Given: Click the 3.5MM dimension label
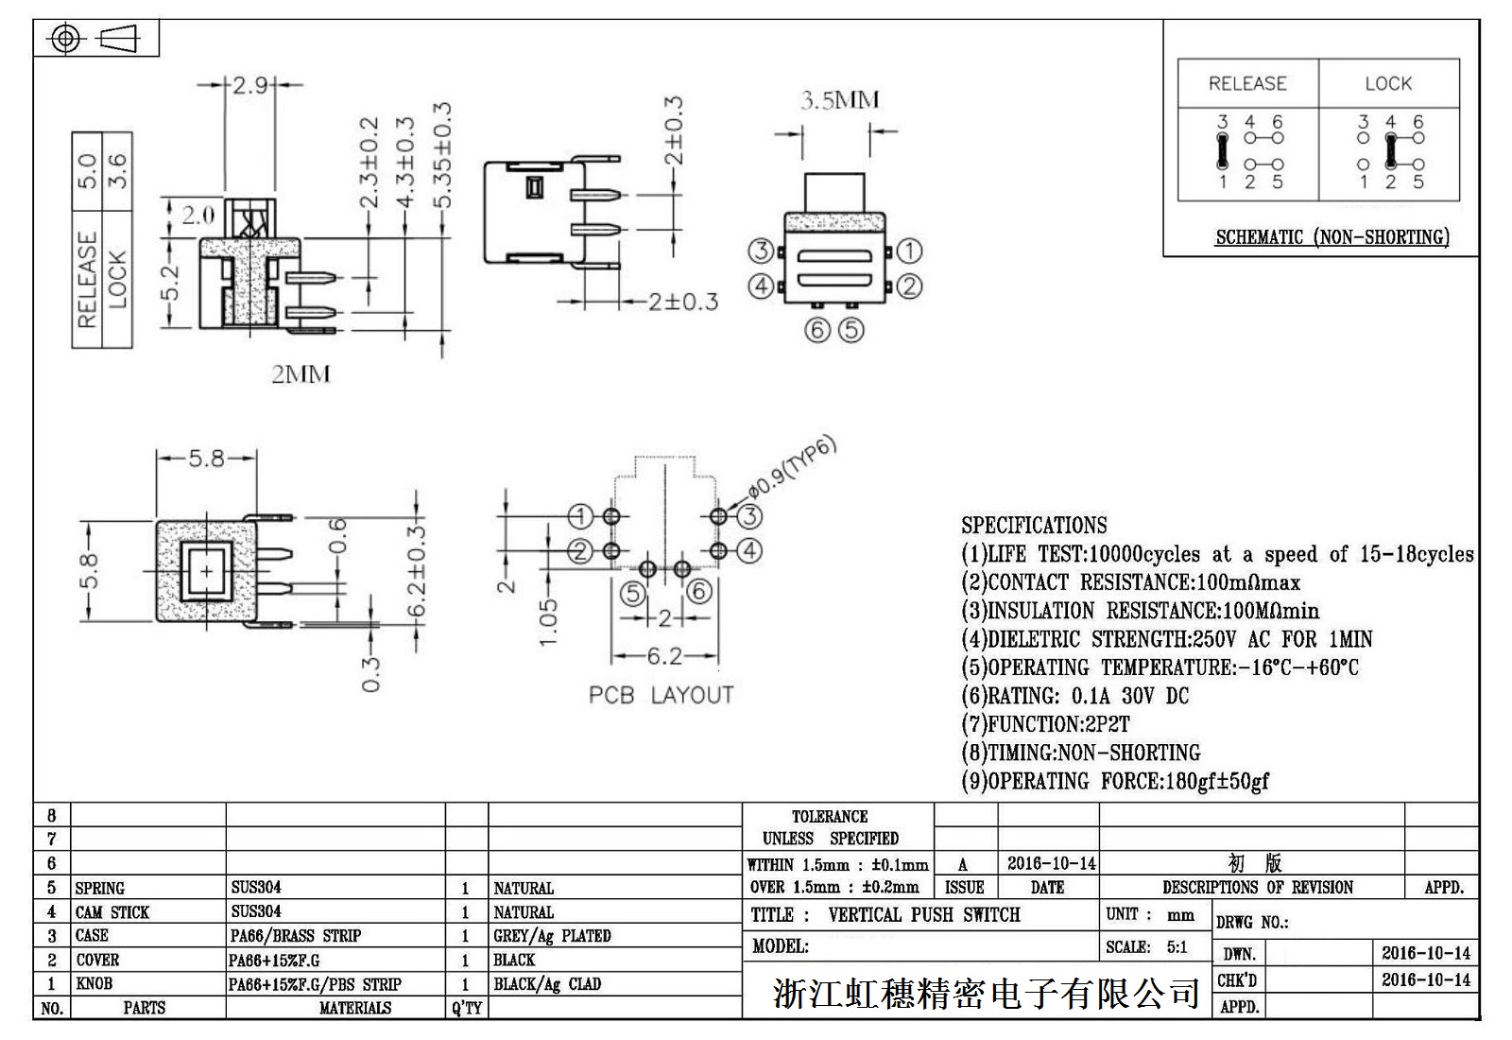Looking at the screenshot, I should [839, 100].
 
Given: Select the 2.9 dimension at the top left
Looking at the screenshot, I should [249, 85].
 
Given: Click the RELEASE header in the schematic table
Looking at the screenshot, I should [1246, 83].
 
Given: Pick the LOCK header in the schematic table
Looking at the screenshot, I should [1387, 83].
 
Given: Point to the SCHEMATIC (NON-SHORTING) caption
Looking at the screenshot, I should [1332, 237].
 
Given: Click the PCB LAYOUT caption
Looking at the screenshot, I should [661, 695].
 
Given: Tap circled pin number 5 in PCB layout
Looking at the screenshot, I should [632, 594].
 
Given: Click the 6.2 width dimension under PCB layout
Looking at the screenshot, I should [664, 655].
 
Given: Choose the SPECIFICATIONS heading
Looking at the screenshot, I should [1034, 526].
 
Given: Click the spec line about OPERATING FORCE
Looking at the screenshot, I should [1115, 781].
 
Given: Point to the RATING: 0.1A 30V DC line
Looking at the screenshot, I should [1075, 696].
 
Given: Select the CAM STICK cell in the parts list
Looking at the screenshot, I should [112, 912].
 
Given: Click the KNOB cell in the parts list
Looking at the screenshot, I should [94, 983].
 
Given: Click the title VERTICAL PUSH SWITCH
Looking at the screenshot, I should [923, 914].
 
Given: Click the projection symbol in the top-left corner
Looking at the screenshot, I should [95, 39].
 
